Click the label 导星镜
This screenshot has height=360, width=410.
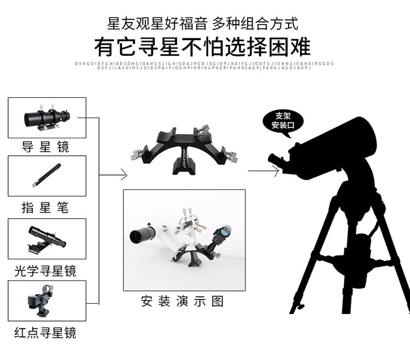(x=46, y=147)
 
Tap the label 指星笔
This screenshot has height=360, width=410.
(x=46, y=207)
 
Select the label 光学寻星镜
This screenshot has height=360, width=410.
(x=46, y=270)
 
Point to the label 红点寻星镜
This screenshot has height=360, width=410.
(x=46, y=332)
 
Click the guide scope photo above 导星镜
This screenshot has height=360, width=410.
(x=47, y=117)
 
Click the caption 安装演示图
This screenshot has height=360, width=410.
(x=183, y=301)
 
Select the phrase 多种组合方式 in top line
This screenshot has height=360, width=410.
(x=255, y=23)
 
